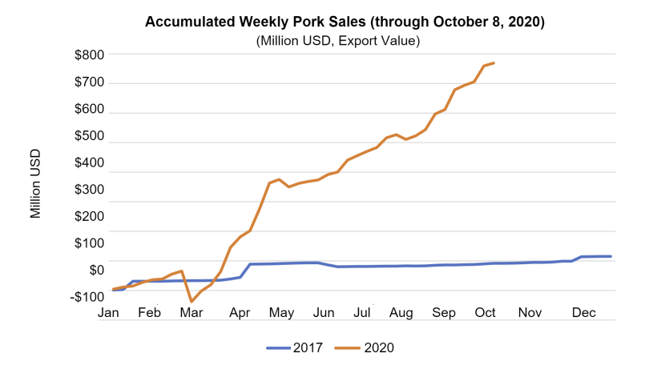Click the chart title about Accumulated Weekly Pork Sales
345,22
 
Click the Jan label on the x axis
109,313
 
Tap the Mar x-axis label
191,313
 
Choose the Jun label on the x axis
323,313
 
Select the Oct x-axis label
486,313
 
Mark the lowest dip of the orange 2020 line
191,302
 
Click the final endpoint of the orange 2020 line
494,63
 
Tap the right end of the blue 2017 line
611,256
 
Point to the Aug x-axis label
401,313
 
